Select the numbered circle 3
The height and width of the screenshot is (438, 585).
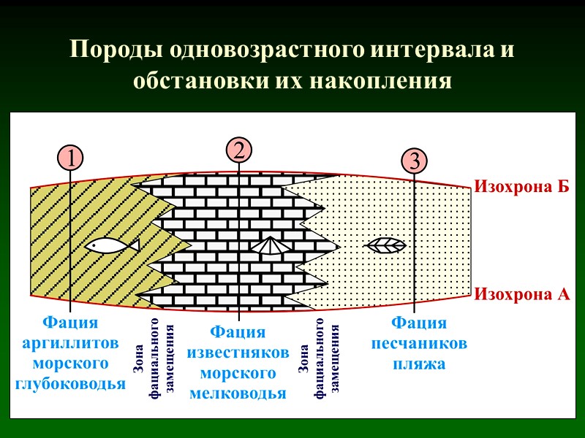(414, 161)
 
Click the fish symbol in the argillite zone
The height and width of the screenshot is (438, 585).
(111, 245)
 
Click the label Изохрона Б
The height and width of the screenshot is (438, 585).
(521, 186)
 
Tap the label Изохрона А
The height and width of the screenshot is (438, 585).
(522, 295)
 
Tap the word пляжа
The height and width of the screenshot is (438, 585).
(419, 363)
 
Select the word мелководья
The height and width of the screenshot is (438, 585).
(238, 394)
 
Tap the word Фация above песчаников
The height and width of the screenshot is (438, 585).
(419, 323)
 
